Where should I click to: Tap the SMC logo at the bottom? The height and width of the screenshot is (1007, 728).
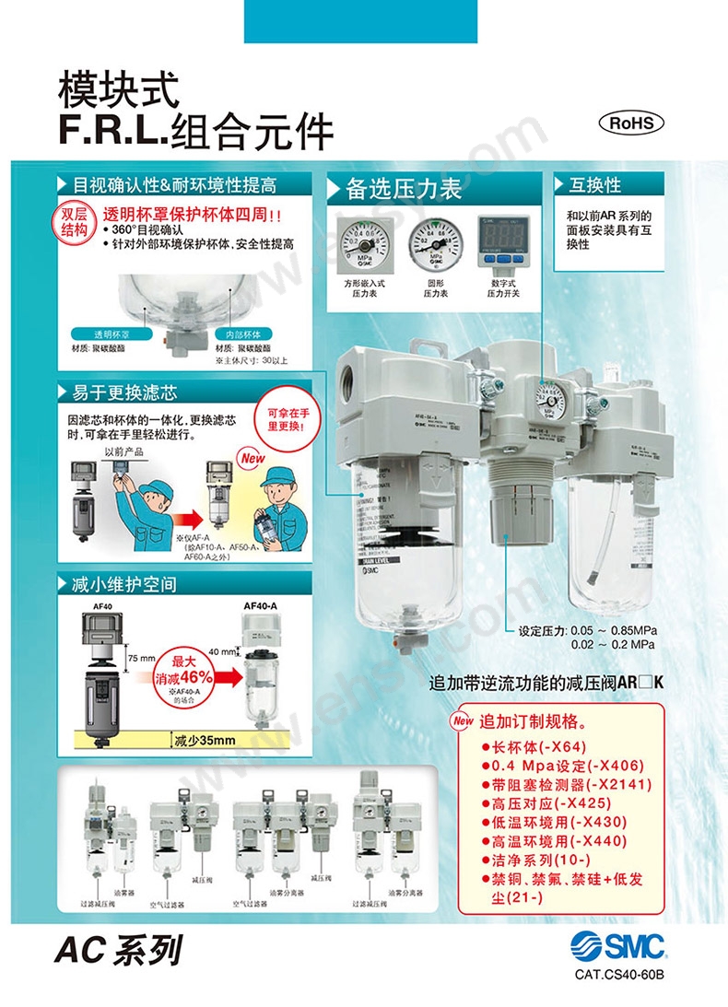pyautogui.click(x=616, y=946)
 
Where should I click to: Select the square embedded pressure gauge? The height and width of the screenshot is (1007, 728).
pyautogui.click(x=362, y=242)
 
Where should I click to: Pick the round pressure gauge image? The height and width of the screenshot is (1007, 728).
pyautogui.click(x=434, y=242)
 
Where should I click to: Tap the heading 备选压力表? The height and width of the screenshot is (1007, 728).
pyautogui.click(x=402, y=190)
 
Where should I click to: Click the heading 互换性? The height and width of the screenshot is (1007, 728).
pyautogui.click(x=594, y=185)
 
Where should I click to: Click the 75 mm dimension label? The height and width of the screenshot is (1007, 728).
pyautogui.click(x=141, y=659)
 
